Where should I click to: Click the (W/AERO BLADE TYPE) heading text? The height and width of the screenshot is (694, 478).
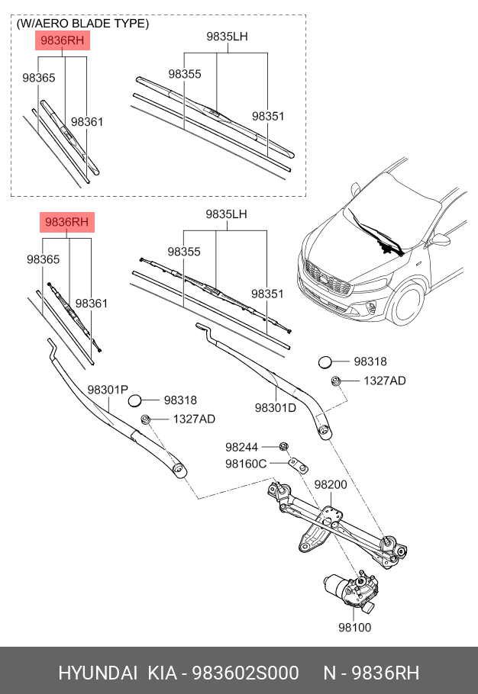coord(82,24)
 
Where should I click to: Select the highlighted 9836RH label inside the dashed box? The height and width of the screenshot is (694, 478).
coord(63,40)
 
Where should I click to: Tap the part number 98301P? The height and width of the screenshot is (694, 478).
coord(107,390)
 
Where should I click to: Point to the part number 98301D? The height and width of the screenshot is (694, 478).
coord(275,407)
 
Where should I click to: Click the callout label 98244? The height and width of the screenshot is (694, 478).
coord(241,447)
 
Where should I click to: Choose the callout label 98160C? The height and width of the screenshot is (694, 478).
coord(245,463)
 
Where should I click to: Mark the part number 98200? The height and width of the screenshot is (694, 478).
coord(331,484)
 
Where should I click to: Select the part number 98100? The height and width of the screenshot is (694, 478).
coord(354,628)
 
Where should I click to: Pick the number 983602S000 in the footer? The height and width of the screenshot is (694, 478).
coord(245,673)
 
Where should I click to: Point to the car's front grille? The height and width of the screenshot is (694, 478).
coord(327,278)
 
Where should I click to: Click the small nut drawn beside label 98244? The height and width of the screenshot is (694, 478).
coord(283,446)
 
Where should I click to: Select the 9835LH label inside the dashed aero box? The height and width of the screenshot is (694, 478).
coord(227,36)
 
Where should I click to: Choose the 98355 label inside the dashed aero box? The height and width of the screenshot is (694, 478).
coord(185,74)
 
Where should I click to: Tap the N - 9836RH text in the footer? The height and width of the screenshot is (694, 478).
coord(371,673)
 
